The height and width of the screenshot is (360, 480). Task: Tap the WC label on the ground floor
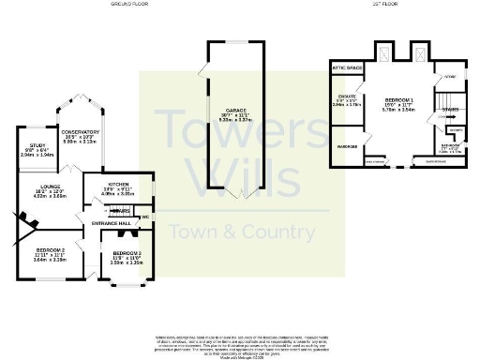146,217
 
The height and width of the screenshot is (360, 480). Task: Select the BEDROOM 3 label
126,254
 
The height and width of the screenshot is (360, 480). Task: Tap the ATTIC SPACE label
348,68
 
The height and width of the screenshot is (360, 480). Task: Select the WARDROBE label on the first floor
347,146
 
